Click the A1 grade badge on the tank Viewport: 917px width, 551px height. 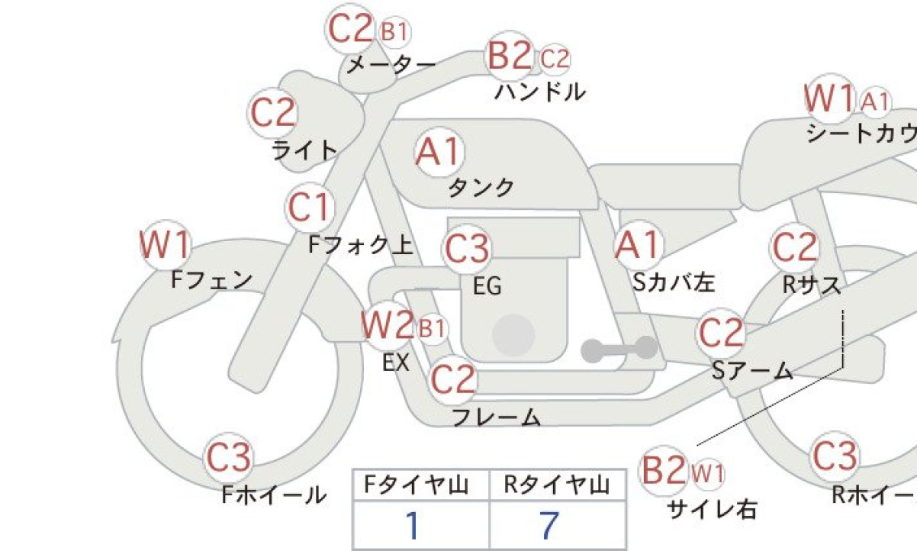pos(439,152)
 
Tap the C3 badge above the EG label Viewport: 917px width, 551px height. pos(467,249)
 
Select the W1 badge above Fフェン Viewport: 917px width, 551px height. pos(166,244)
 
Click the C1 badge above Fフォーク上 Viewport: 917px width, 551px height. pos(310,207)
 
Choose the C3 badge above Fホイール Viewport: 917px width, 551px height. pos(228,457)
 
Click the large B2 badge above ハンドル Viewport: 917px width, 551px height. pos(510,56)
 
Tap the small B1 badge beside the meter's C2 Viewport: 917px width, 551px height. pos(395,31)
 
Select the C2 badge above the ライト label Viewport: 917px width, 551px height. pos(272,113)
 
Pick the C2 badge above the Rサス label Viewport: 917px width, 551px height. pos(795,248)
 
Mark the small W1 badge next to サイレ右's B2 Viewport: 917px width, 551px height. pos(708,474)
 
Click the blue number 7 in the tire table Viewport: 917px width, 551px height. pos(549,526)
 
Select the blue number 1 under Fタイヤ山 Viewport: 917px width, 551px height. pos(413,526)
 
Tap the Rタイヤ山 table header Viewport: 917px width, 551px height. pos(557,485)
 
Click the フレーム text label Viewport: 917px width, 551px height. pos(496,417)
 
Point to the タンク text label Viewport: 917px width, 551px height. pos(481,188)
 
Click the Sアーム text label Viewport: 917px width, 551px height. pos(752,370)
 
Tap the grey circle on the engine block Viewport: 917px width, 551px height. pos(513,335)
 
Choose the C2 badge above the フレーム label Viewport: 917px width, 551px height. pos(452,380)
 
